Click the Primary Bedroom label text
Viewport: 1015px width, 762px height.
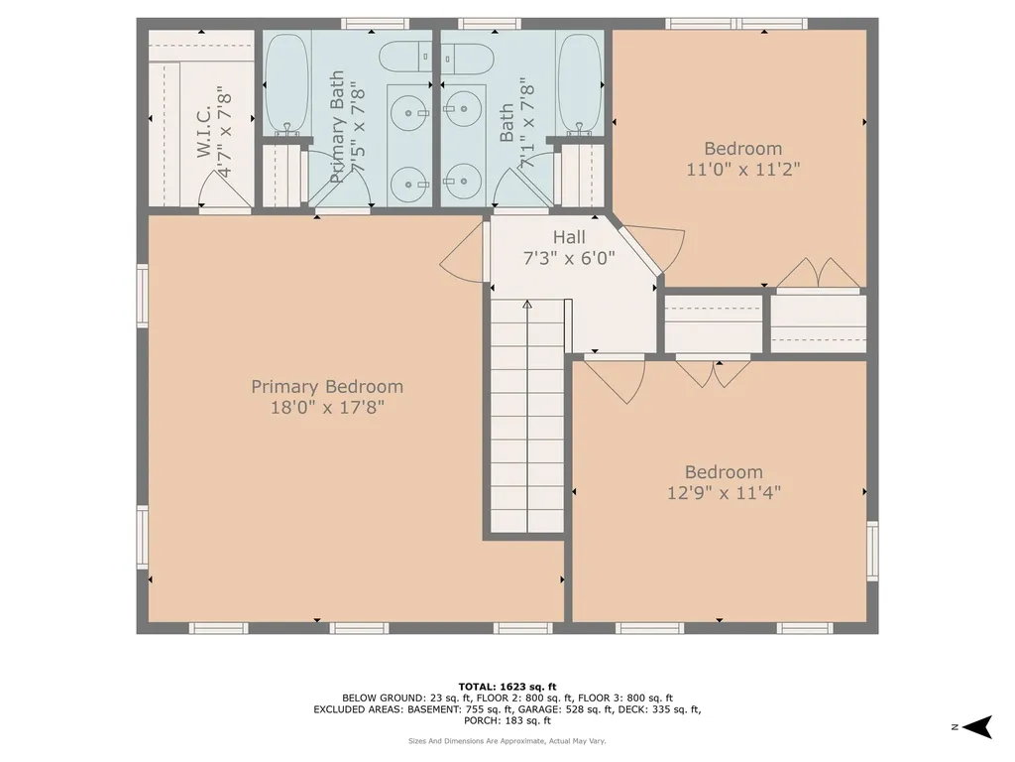[327, 387]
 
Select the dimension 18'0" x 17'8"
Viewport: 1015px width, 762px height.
[327, 407]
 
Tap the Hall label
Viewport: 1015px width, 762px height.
[569, 238]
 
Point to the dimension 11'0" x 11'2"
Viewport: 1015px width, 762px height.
[742, 169]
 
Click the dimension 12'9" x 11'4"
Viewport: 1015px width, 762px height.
[725, 492]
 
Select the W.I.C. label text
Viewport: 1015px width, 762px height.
[204, 130]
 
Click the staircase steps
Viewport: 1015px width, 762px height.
[526, 417]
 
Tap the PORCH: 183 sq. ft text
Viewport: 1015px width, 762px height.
[507, 720]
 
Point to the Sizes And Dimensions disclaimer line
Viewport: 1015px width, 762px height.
[507, 741]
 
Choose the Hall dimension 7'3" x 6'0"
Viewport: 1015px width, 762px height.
[569, 258]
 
